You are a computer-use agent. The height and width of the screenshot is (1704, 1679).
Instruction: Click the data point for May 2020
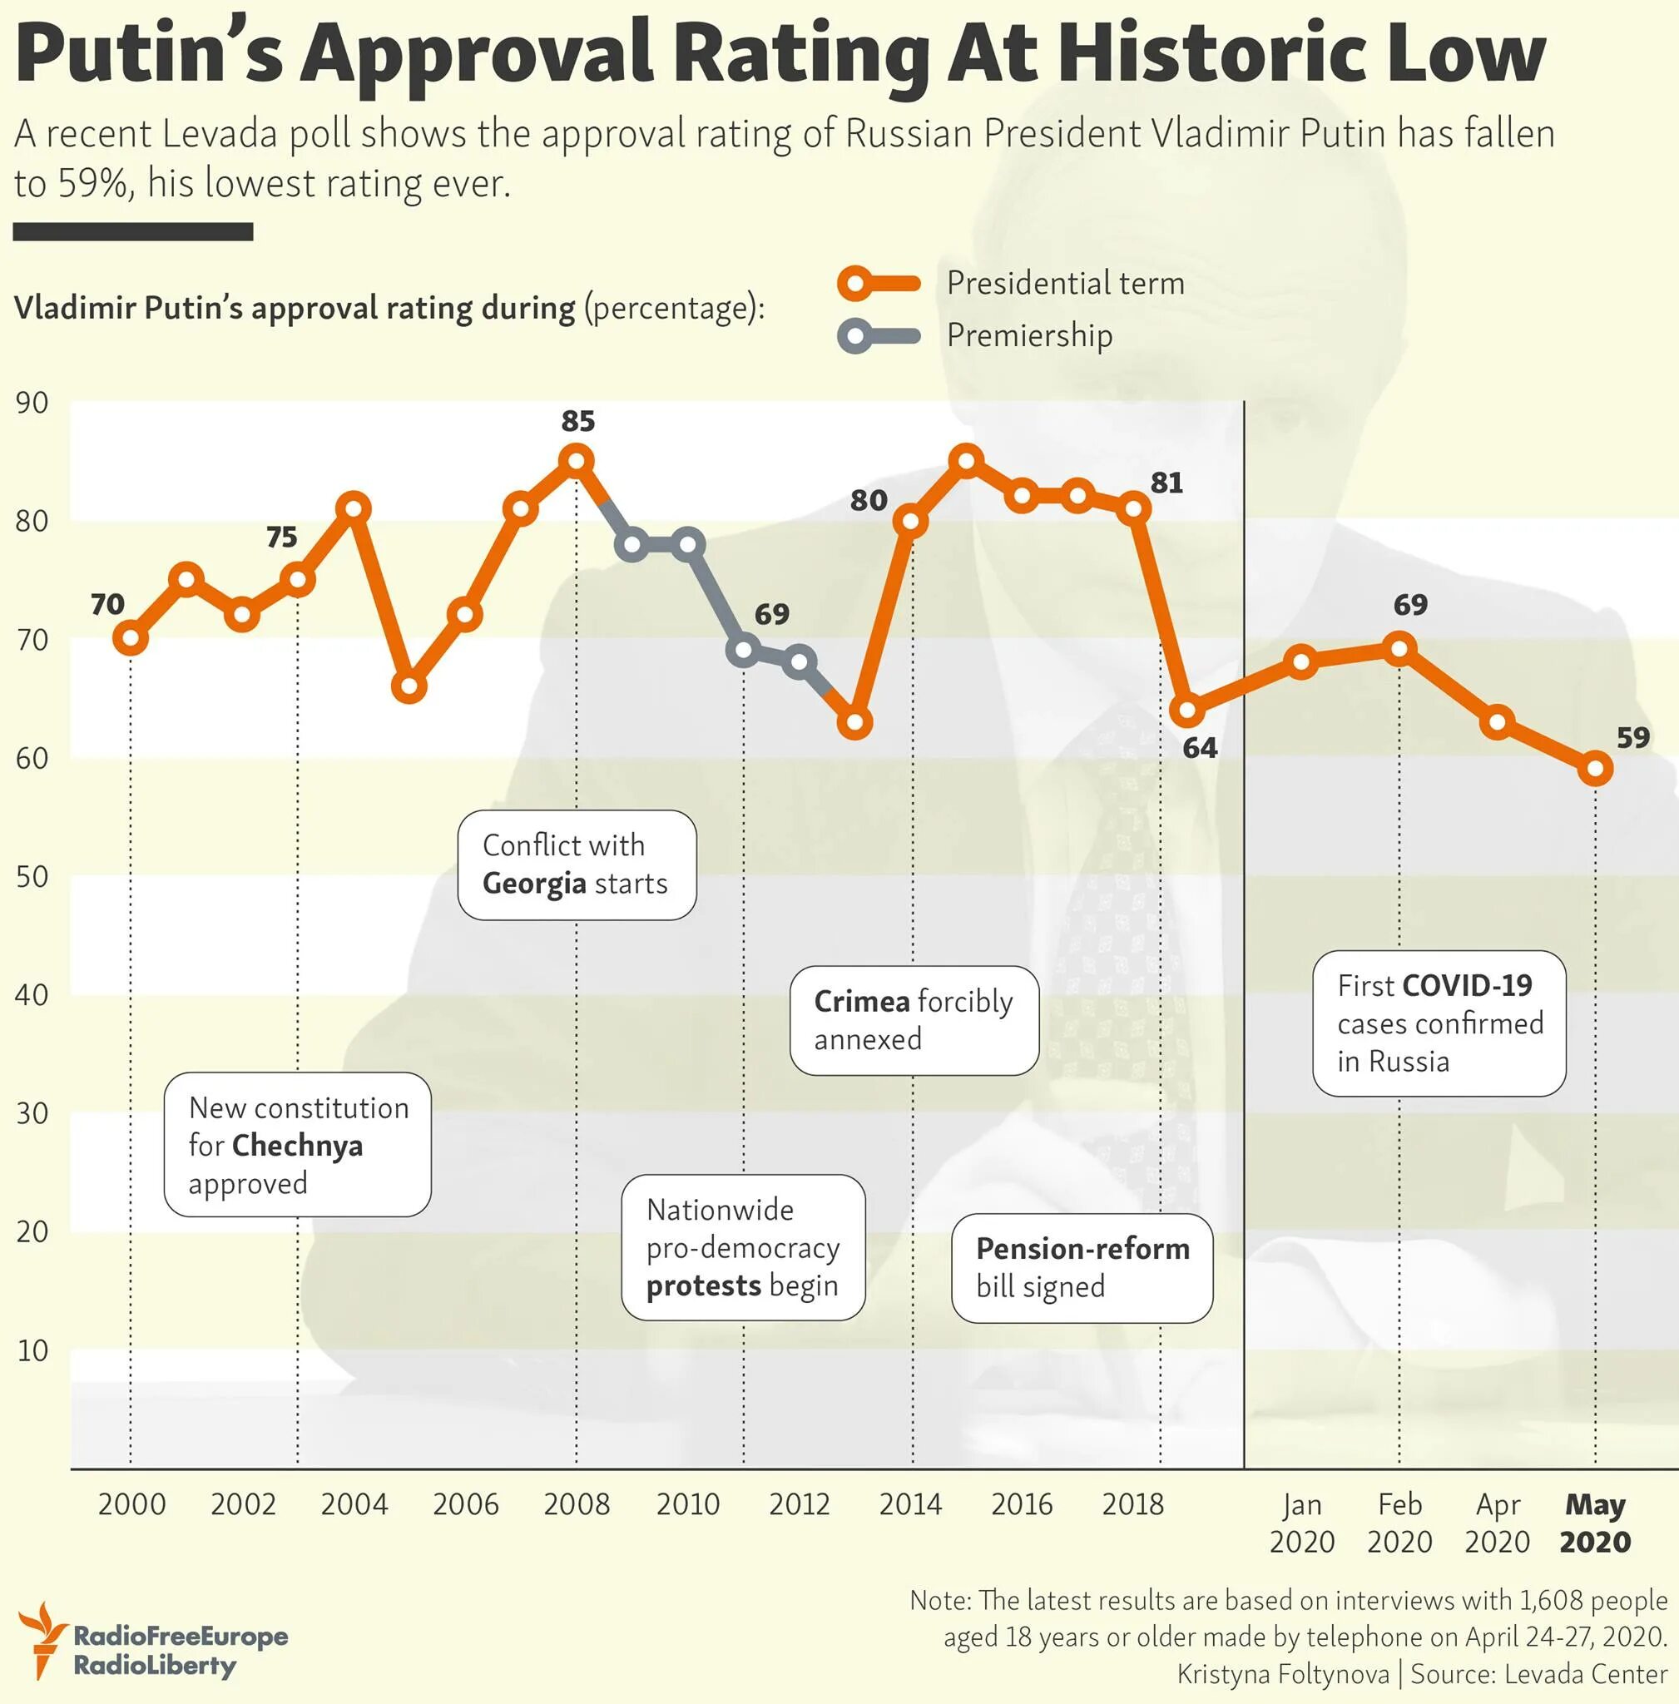pos(1594,769)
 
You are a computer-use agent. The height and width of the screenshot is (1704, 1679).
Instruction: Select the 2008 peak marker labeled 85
pos(577,460)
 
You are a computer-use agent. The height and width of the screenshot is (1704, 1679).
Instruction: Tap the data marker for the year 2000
pos(131,637)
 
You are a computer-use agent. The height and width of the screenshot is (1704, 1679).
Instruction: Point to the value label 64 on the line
pos(1199,748)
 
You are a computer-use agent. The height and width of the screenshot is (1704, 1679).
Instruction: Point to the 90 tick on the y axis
pos(32,403)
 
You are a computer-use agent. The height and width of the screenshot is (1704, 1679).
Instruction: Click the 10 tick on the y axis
pos(32,1350)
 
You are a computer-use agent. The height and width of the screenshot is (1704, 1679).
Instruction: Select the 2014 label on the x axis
pos(910,1503)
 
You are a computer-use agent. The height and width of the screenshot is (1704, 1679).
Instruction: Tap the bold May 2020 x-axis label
pos(1594,1523)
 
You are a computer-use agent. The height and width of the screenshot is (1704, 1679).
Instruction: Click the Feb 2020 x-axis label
pos(1399,1523)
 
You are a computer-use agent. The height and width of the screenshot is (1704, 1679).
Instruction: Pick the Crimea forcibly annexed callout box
pos(914,1020)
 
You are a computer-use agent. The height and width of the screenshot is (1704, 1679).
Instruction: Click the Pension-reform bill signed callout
pos(1082,1267)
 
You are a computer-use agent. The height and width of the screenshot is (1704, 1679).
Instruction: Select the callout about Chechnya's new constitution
pos(297,1145)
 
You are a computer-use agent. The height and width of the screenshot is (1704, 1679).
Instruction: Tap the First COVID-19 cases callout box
pos(1439,1023)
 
